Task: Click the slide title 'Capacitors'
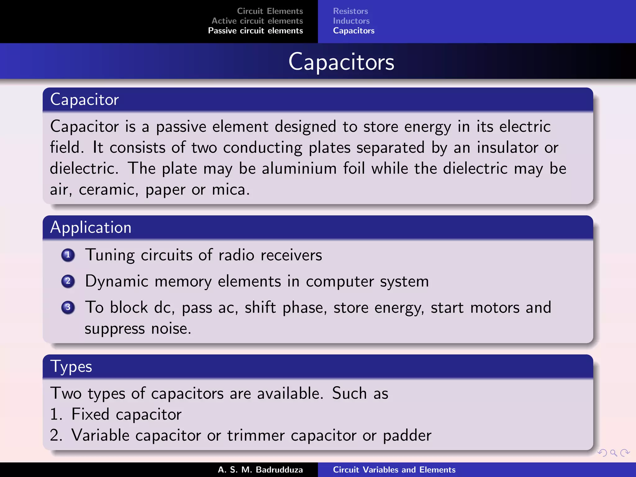click(341, 62)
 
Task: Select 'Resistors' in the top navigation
click(350, 11)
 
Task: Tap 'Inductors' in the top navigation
click(351, 21)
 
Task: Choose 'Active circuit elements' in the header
click(257, 21)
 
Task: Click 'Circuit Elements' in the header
click(270, 11)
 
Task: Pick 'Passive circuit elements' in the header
click(255, 31)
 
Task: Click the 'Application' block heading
click(91, 227)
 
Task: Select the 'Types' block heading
click(71, 366)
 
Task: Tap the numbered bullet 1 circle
click(68, 255)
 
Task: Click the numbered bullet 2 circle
click(68, 281)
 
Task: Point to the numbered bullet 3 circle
click(68, 307)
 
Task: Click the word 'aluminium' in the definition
click(299, 169)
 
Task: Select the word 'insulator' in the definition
click(507, 148)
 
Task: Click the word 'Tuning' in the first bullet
click(110, 255)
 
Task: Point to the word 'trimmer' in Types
click(256, 435)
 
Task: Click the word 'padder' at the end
click(407, 435)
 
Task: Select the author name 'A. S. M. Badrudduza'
click(260, 470)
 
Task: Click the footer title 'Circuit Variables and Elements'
click(394, 470)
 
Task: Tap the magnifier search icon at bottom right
click(613, 453)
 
